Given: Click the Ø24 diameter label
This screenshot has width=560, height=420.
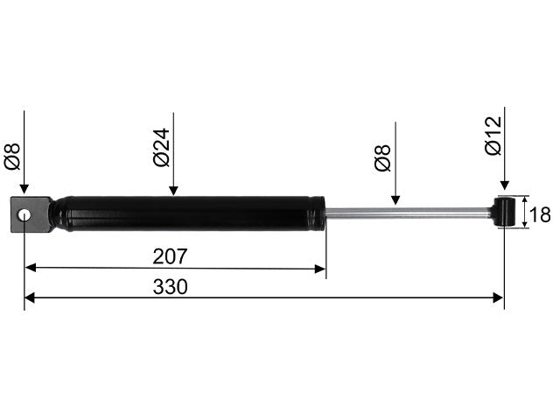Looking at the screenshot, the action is tap(161, 148).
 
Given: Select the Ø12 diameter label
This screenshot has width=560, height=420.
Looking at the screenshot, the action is tap(493, 136).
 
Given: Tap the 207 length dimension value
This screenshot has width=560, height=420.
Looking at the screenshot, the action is tap(170, 256).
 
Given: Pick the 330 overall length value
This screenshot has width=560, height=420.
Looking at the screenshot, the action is tap(170, 287).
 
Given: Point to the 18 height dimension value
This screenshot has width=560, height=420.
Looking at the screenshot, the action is tap(540, 215).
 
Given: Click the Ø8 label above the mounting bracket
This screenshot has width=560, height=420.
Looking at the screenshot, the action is tap(12, 157).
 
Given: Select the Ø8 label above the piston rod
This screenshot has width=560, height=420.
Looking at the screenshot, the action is tap(383, 158).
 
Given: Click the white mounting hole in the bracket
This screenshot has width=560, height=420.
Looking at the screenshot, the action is tap(24, 215).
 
